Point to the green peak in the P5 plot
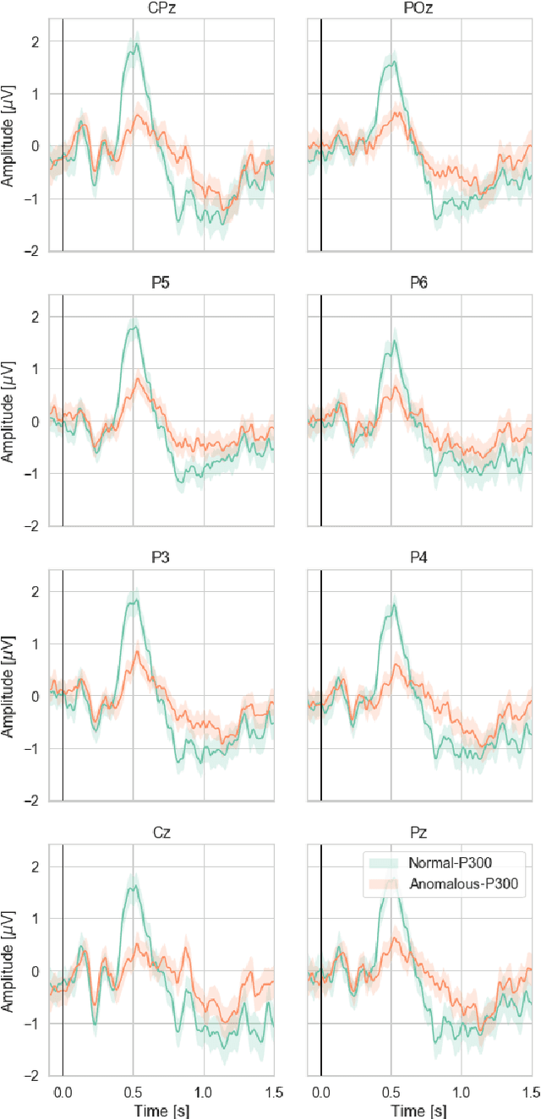(134, 327)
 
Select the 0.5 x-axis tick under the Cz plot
(133, 1091)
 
